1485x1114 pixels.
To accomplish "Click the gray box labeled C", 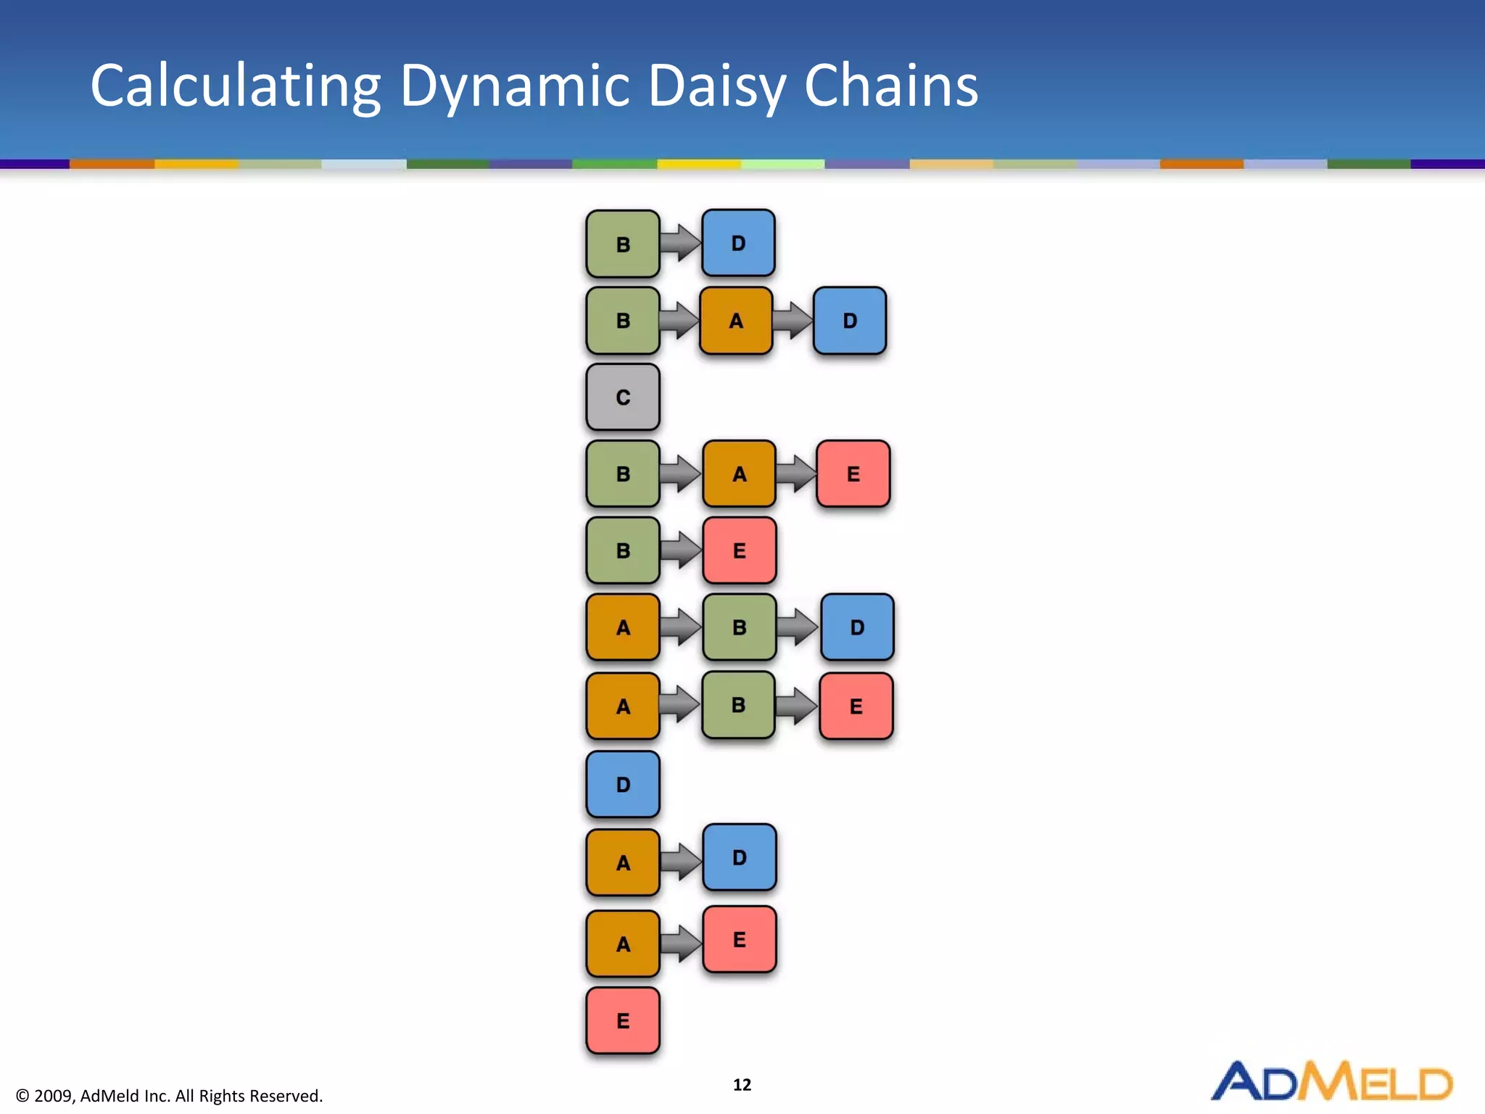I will [623, 397].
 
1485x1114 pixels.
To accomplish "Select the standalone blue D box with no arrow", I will [623, 784].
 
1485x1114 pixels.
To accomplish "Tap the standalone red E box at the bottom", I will [623, 1020].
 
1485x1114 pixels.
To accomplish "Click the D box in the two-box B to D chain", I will [738, 243].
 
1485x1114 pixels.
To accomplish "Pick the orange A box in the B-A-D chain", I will [736, 321].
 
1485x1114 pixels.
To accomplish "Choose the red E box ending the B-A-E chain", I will [853, 474].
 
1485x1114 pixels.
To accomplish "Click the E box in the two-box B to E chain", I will [739, 550].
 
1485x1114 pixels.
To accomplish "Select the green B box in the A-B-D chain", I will [739, 627].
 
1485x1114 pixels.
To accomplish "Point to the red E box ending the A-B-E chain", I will [856, 706].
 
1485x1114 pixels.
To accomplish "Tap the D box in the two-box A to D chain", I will [739, 857].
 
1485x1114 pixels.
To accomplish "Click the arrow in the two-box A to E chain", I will [681, 942].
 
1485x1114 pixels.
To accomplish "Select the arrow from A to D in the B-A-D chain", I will [793, 320].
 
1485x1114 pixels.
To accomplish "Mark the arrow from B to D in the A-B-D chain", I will [798, 626].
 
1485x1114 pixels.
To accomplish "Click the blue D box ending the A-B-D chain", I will [857, 627].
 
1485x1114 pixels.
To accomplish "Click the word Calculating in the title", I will [235, 86].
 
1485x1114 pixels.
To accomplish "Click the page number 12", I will [742, 1084].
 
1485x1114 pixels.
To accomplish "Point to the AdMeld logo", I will [1331, 1081].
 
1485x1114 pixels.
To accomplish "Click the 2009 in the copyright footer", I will [53, 1096].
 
